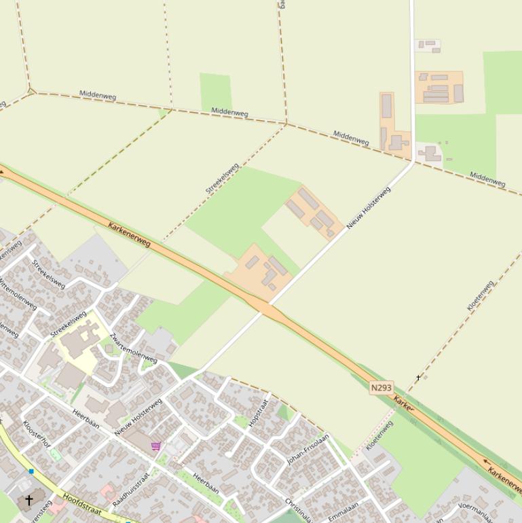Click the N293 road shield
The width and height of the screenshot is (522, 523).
381,388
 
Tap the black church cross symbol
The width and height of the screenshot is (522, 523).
29,501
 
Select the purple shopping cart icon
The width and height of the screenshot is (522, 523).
156,446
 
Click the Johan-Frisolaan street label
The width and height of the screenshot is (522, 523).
307,449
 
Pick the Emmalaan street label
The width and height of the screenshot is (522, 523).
343,511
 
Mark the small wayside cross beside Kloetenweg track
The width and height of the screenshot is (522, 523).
418,377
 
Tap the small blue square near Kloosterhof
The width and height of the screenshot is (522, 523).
31,471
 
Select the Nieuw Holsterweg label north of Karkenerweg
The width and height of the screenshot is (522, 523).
369,207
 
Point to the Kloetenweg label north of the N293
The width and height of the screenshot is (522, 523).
480,296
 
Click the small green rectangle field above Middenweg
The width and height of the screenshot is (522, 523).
215,92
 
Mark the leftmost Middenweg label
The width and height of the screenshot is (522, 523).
98,95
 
